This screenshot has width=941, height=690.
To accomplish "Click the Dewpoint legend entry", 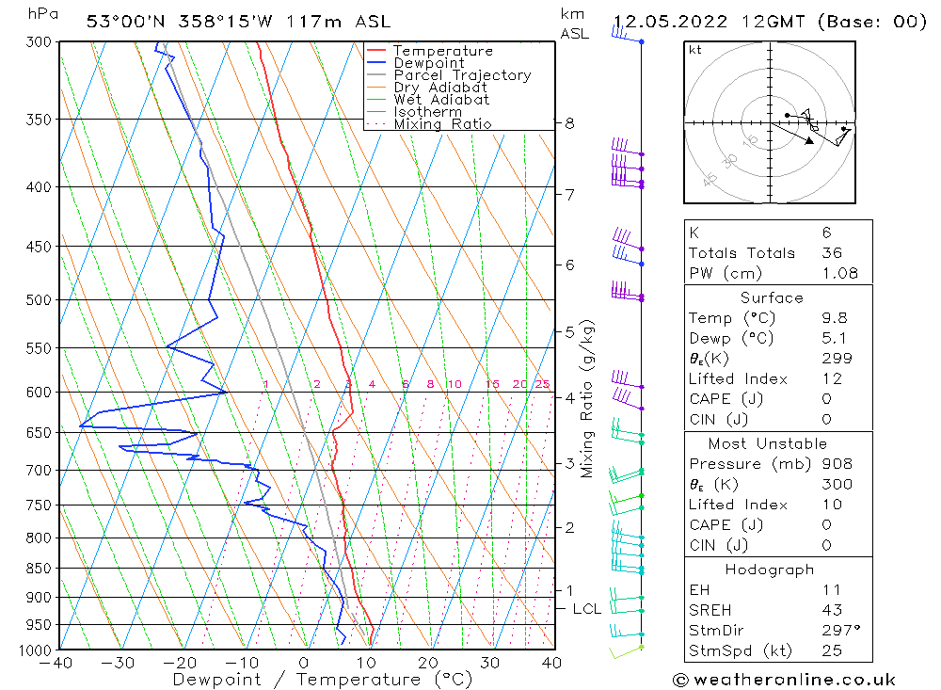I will pos(428,63).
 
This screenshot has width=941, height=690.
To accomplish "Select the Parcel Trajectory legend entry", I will pos(462,75).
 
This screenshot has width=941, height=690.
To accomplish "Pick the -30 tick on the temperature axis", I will pos(120,663).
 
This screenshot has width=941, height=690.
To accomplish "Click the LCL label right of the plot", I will pos(586,609).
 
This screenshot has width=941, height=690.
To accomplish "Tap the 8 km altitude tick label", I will pos(569,123).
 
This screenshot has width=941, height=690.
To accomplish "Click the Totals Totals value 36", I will pos(832,252).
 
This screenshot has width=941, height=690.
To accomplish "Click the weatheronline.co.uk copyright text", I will pos(783,680).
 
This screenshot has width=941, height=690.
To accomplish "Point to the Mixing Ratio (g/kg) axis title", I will pos(588,399).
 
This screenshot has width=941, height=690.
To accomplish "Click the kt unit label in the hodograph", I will pos(694,50).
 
